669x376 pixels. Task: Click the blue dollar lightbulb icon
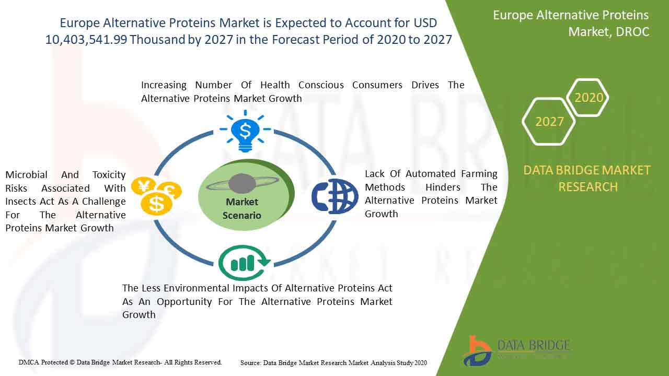245,131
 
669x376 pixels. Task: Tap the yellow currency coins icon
156,196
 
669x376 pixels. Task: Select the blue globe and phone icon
335,196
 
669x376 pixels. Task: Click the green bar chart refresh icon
244,263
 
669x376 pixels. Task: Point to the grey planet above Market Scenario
242,183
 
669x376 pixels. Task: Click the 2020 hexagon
587,98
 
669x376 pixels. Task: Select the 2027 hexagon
549,122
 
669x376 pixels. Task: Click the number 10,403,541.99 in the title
86,40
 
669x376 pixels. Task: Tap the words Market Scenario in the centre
241,208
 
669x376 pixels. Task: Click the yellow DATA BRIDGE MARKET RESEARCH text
587,179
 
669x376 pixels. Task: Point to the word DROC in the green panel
632,32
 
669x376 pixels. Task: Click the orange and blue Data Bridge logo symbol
477,351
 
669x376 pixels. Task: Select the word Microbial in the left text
27,174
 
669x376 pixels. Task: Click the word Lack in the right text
375,174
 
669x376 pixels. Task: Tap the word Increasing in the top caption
164,85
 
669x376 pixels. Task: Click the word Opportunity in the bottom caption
184,302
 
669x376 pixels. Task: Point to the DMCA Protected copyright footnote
120,362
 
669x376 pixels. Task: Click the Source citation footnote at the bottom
333,363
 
